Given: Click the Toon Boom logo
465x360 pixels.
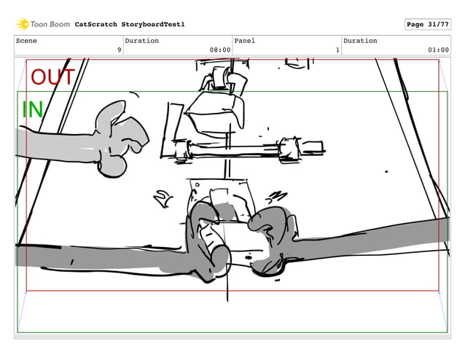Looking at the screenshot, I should click(43, 24).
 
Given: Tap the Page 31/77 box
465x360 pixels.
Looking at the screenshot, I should click(426, 24).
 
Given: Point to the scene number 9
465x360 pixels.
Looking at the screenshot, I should click(119, 50).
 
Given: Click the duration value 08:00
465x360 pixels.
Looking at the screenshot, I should click(219, 50).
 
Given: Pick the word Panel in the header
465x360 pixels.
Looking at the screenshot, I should click(245, 41).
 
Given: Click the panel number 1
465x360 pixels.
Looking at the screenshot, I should click(337, 50).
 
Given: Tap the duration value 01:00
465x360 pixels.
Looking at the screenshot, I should click(438, 50).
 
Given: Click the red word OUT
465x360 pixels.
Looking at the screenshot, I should click(52, 77).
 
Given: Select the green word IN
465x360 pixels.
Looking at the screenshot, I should click(32, 109).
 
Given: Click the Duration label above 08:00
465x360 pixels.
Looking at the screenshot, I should click(141, 41).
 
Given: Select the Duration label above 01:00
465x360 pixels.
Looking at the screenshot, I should click(360, 41).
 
